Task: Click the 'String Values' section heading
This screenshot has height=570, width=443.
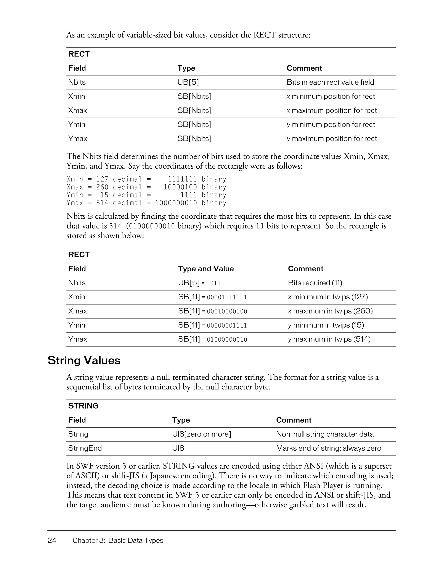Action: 84,360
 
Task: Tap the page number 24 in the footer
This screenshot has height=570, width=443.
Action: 52,540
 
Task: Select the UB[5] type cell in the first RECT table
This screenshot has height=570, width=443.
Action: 188,82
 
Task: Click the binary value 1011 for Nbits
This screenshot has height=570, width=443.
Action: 213,283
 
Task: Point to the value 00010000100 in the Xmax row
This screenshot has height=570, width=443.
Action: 227,311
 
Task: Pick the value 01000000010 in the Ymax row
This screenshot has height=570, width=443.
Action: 227,339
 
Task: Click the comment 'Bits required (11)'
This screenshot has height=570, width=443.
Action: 315,283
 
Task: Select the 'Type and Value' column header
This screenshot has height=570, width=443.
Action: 206,269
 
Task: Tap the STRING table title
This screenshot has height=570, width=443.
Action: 83,406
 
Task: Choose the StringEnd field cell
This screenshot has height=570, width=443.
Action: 85,448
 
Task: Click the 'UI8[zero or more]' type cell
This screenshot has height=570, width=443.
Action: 202,434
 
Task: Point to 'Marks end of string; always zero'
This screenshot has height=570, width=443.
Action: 329,448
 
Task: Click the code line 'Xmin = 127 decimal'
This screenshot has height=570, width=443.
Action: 104,179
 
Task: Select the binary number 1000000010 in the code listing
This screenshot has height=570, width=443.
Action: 176,203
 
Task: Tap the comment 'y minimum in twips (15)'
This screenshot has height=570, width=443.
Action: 326,325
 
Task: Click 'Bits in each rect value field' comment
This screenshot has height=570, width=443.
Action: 330,82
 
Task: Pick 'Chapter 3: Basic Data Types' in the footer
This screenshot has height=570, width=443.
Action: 118,540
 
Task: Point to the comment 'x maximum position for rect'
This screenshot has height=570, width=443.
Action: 332,110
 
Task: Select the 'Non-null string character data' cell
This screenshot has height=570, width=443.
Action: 325,434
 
